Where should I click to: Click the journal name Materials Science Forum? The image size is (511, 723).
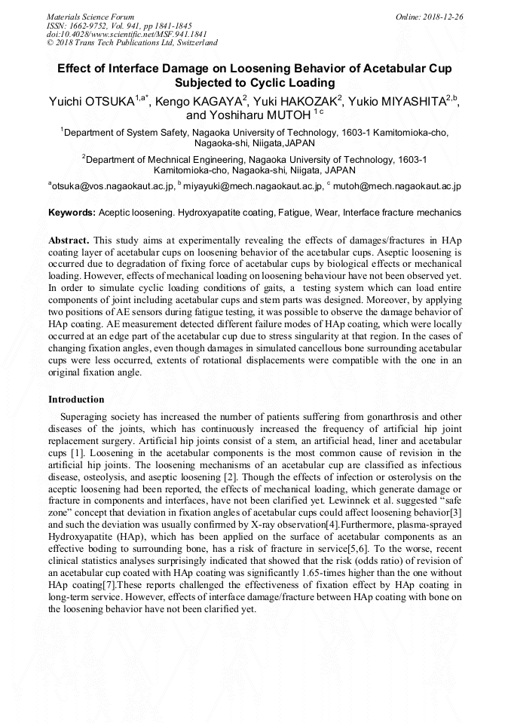(x=90, y=16)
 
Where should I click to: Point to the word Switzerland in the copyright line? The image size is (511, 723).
(x=194, y=43)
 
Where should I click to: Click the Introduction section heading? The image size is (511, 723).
(x=76, y=400)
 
